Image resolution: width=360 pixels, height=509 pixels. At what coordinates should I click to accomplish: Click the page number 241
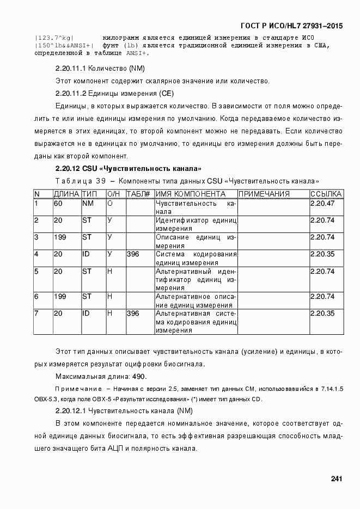(336, 479)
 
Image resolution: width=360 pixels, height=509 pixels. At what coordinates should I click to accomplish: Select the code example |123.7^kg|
(54, 38)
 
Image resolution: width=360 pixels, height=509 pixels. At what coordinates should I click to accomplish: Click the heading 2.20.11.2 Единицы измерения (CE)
(114, 93)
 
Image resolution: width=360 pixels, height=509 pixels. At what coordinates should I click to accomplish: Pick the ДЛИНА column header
(66, 194)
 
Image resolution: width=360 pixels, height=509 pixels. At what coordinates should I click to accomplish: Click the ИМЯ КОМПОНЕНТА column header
(190, 194)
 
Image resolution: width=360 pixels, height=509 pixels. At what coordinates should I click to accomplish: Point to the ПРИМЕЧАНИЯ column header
(264, 194)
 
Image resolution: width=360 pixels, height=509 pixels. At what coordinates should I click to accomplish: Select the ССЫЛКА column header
(326, 194)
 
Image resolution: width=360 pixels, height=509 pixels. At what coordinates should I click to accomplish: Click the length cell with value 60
(58, 204)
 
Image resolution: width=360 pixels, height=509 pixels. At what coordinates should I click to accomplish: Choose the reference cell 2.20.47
(322, 204)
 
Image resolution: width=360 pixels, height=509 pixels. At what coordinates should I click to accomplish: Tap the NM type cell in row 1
(88, 204)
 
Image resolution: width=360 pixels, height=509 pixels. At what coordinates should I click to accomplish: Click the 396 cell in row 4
(133, 254)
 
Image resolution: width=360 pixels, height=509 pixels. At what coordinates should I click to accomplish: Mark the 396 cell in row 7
(133, 314)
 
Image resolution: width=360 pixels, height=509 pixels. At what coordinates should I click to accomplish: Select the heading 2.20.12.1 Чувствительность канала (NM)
(124, 410)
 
